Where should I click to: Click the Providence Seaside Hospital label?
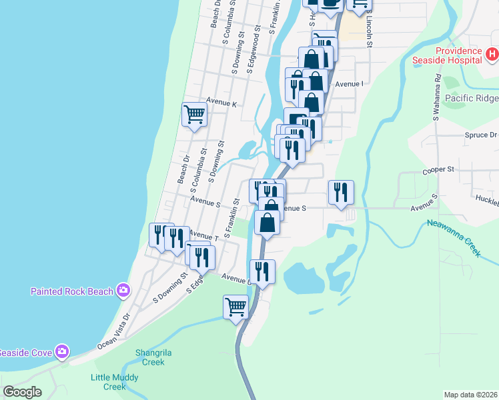pos(459,55)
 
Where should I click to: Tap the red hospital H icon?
pos(492,53)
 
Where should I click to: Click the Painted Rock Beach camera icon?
pos(123,290)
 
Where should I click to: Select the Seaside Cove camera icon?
pos(62,351)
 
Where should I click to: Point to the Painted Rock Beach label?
pos(73,291)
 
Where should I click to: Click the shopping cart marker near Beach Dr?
pos(194,115)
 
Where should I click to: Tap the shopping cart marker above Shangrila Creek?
pos(236,307)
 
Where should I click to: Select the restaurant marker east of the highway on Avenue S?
pos(342,192)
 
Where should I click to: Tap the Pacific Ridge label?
pos(472,99)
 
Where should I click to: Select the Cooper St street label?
pos(438,170)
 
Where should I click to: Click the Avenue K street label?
pos(221,103)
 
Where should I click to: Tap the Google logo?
pos(22,392)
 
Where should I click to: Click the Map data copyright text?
pos(470,395)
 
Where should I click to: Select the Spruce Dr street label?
pos(480,135)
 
